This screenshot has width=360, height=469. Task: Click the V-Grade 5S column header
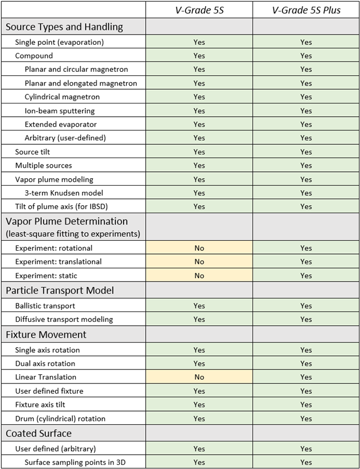coord(199,10)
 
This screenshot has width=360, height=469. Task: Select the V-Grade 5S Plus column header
coord(306,10)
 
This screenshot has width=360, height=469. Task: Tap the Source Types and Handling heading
coord(64,26)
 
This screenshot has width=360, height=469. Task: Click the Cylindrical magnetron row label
coord(62,97)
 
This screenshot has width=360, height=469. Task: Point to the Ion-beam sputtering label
coord(60,110)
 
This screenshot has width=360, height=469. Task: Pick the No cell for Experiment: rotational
coord(199,248)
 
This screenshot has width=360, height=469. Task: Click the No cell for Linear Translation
coord(199,377)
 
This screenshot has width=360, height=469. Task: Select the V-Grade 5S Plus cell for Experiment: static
coord(306,275)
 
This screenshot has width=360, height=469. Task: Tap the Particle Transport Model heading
coord(60,290)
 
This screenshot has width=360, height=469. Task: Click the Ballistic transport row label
coord(45,306)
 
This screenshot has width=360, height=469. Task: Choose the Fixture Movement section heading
coord(46,335)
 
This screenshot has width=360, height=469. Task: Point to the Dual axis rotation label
coord(45,363)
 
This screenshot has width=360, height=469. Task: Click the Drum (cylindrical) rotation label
coord(60,418)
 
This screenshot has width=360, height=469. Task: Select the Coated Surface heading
coord(38,433)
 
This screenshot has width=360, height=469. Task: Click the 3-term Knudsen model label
coord(64,193)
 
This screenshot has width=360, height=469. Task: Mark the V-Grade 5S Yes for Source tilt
coord(199,152)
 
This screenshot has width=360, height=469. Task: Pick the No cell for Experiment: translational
coord(199,262)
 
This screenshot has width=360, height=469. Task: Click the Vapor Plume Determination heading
coord(67,221)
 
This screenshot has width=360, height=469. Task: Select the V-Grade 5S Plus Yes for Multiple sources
coord(306,166)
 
